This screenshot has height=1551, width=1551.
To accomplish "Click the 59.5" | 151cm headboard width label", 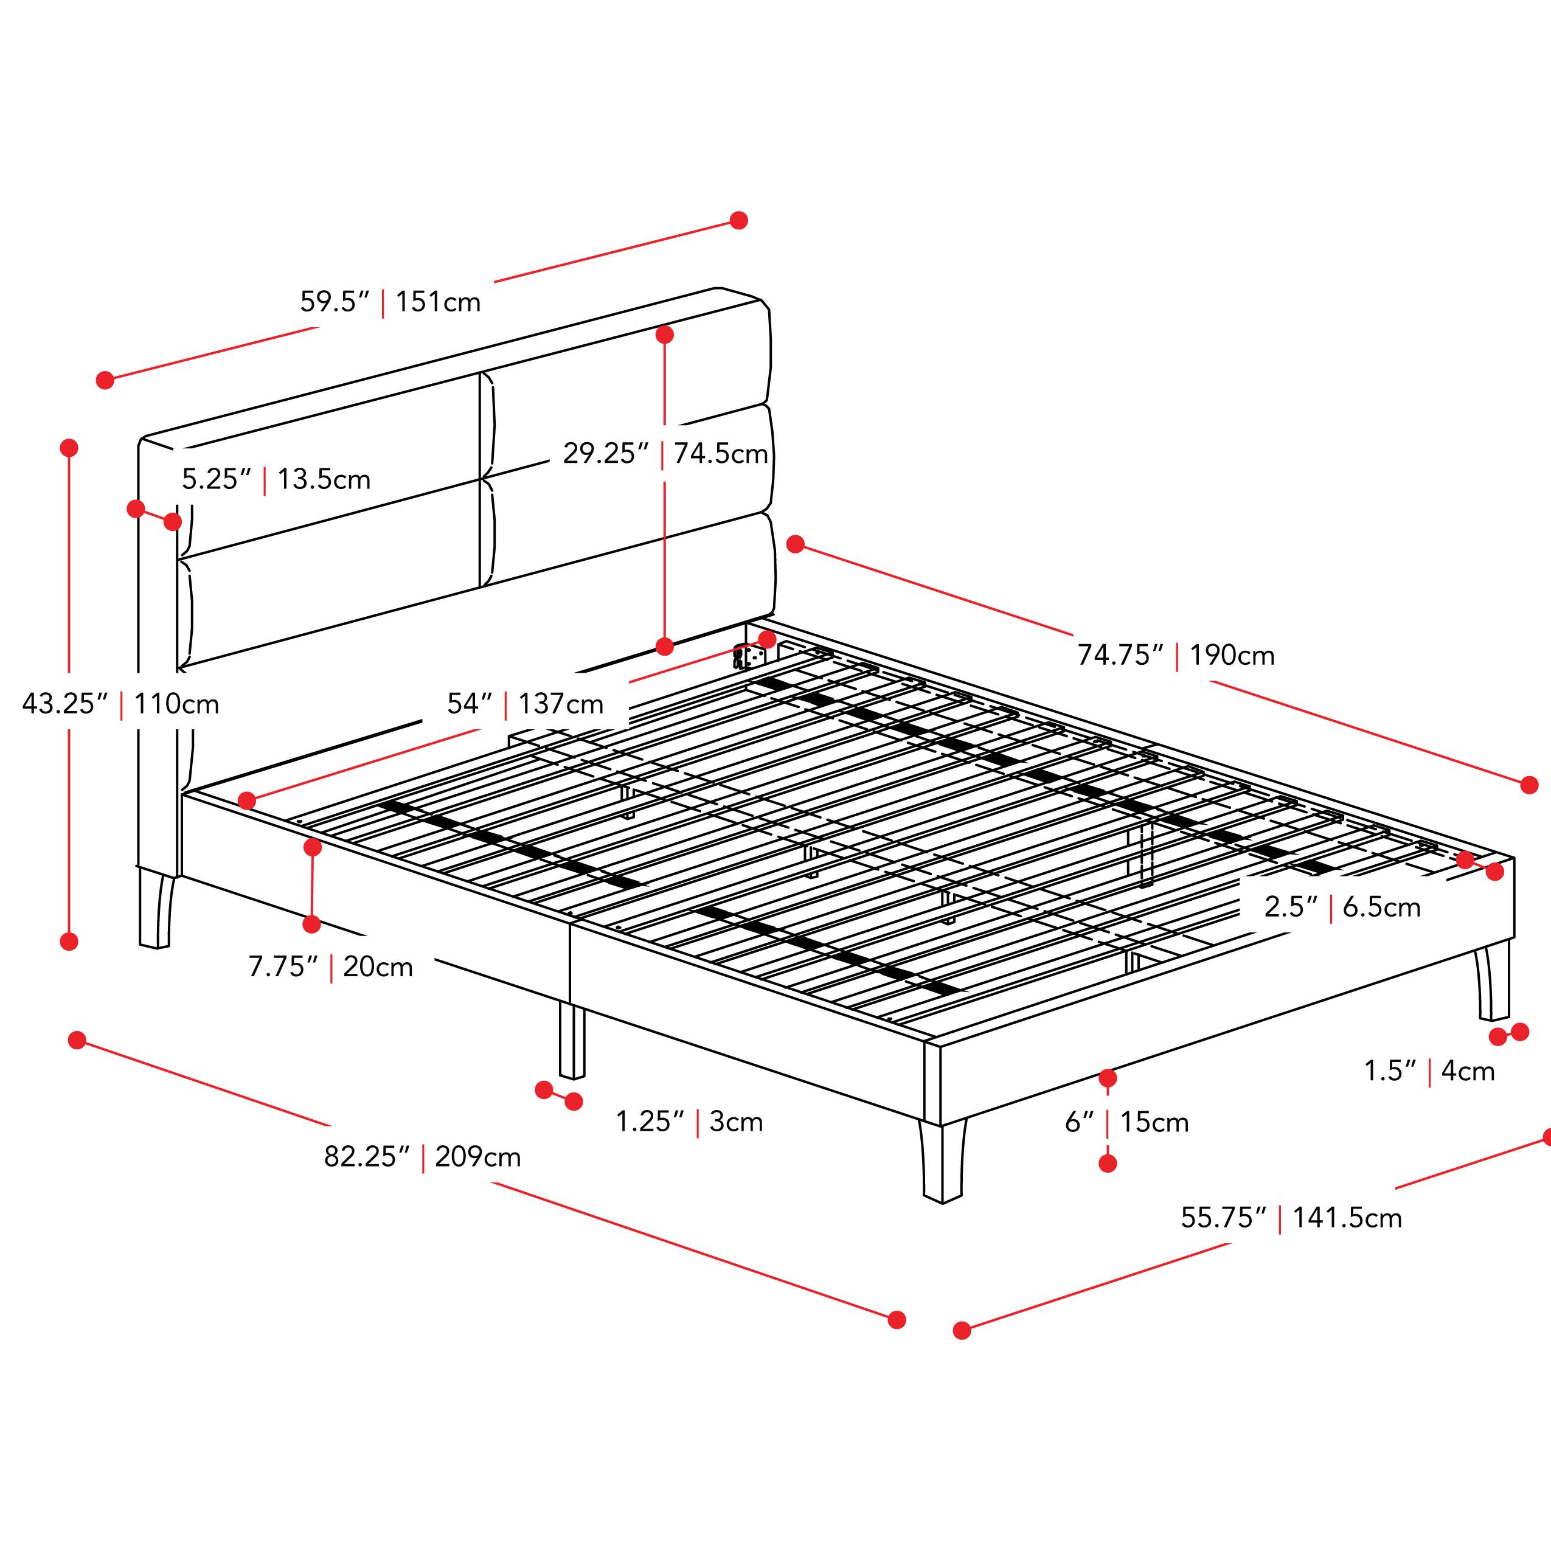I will pyautogui.click(x=390, y=302).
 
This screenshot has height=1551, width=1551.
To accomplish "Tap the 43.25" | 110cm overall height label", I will pyautogui.click(x=120, y=704).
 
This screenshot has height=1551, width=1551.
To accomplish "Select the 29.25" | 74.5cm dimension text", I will pyautogui.click(x=665, y=454).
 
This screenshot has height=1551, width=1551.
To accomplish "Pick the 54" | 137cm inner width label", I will pyautogui.click(x=525, y=704).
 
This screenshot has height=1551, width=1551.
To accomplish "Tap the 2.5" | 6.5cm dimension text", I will pyautogui.click(x=1342, y=907).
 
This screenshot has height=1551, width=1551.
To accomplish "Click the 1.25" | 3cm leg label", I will pyautogui.click(x=689, y=1122).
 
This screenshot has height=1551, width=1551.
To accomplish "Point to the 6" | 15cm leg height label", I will pyautogui.click(x=1126, y=1122).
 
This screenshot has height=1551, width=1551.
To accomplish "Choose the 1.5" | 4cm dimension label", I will pyautogui.click(x=1429, y=1071).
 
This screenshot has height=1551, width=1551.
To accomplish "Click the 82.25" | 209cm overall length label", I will pyautogui.click(x=422, y=1157).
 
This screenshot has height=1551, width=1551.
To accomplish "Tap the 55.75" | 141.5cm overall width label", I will pyautogui.click(x=1291, y=1218).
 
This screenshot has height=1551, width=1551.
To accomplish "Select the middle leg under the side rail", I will pyautogui.click(x=572, y=1039).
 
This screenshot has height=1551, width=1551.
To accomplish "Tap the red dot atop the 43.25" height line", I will pyautogui.click(x=69, y=448).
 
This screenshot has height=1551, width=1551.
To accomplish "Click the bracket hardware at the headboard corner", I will pyautogui.click(x=748, y=658).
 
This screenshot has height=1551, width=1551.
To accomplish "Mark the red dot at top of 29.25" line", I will pyautogui.click(x=664, y=335).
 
